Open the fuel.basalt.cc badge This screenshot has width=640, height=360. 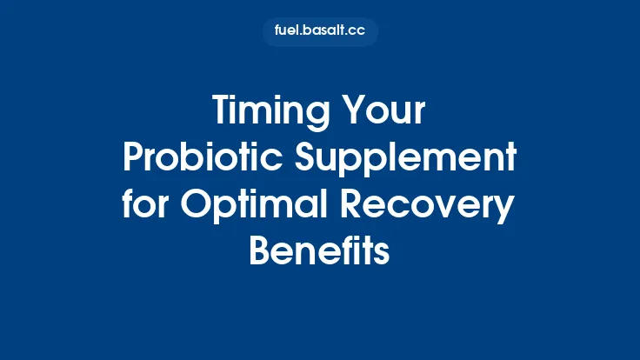coord(320,32)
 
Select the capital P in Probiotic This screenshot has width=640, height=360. coord(133,158)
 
